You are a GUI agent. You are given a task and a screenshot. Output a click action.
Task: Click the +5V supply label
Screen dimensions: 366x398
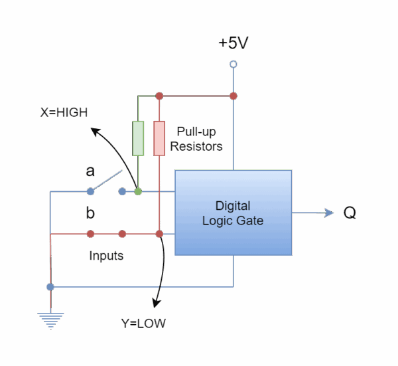(233, 44)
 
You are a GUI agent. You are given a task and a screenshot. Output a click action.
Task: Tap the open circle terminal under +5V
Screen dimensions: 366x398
(233, 64)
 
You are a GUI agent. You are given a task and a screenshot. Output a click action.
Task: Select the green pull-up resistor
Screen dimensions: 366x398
(138, 138)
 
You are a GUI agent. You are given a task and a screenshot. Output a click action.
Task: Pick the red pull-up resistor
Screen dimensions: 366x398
(159, 138)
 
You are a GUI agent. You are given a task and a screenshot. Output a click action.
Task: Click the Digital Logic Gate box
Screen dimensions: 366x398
(233, 213)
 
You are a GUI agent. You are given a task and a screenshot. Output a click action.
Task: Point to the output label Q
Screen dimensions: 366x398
(350, 213)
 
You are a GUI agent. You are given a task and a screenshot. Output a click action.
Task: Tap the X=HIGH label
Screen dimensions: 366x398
(64, 112)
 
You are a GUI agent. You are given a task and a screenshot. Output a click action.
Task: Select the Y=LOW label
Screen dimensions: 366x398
(143, 324)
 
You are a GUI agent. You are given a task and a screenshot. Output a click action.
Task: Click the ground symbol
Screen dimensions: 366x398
(50, 320)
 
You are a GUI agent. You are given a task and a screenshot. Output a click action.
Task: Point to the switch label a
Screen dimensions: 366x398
(90, 171)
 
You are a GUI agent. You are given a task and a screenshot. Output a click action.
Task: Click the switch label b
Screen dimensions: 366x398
(90, 213)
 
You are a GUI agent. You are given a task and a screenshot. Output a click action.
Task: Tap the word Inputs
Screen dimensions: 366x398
(106, 256)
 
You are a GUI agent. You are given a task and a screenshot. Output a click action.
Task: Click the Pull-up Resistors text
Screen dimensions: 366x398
(196, 138)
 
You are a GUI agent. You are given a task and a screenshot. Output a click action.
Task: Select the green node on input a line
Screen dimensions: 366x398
(138, 192)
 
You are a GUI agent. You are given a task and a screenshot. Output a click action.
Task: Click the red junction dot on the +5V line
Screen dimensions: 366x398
(233, 96)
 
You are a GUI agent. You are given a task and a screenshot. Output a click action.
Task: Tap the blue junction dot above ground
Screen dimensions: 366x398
(50, 287)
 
